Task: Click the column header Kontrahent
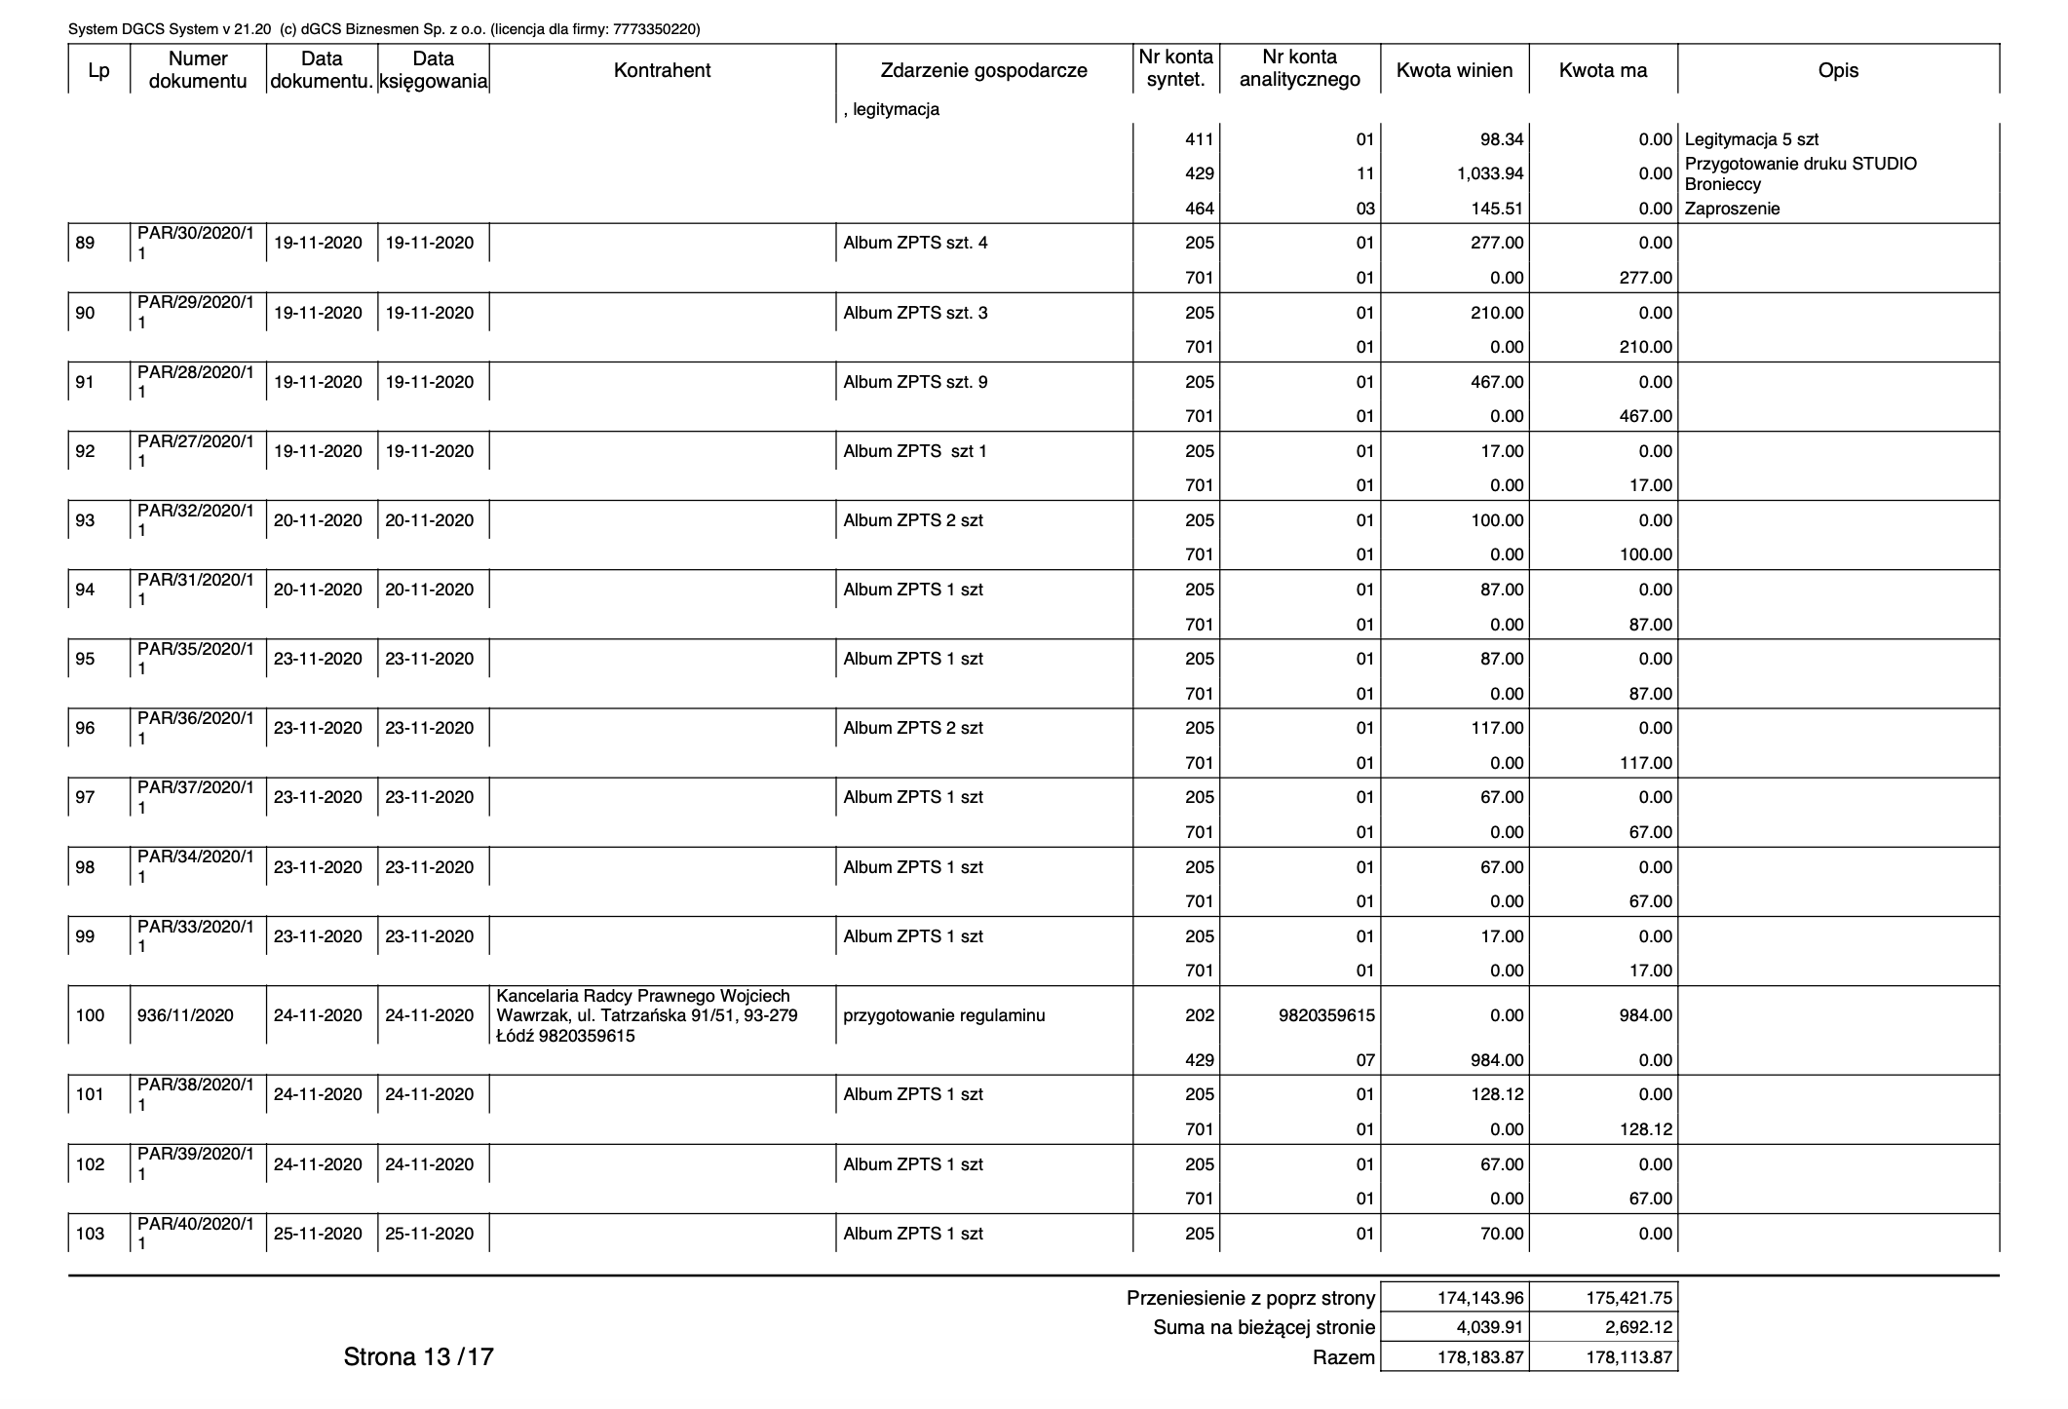click(x=662, y=70)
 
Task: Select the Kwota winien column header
click(x=1454, y=70)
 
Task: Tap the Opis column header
click(x=1838, y=70)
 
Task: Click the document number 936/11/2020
click(x=186, y=1015)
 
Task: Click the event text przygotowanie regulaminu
click(x=943, y=1015)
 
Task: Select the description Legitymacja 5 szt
click(x=1751, y=139)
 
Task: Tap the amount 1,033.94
click(x=1491, y=173)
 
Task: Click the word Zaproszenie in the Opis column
click(x=1732, y=209)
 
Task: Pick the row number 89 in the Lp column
click(x=86, y=243)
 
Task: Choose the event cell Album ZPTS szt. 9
click(x=915, y=382)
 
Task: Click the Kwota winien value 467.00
click(x=1497, y=382)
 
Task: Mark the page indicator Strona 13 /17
click(x=418, y=1356)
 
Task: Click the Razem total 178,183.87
click(x=1480, y=1357)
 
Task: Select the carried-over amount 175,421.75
click(x=1628, y=1298)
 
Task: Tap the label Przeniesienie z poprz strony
click(x=1250, y=1298)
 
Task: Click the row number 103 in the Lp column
click(x=90, y=1234)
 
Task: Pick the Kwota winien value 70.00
click(x=1501, y=1234)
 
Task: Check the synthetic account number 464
click(x=1199, y=209)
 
